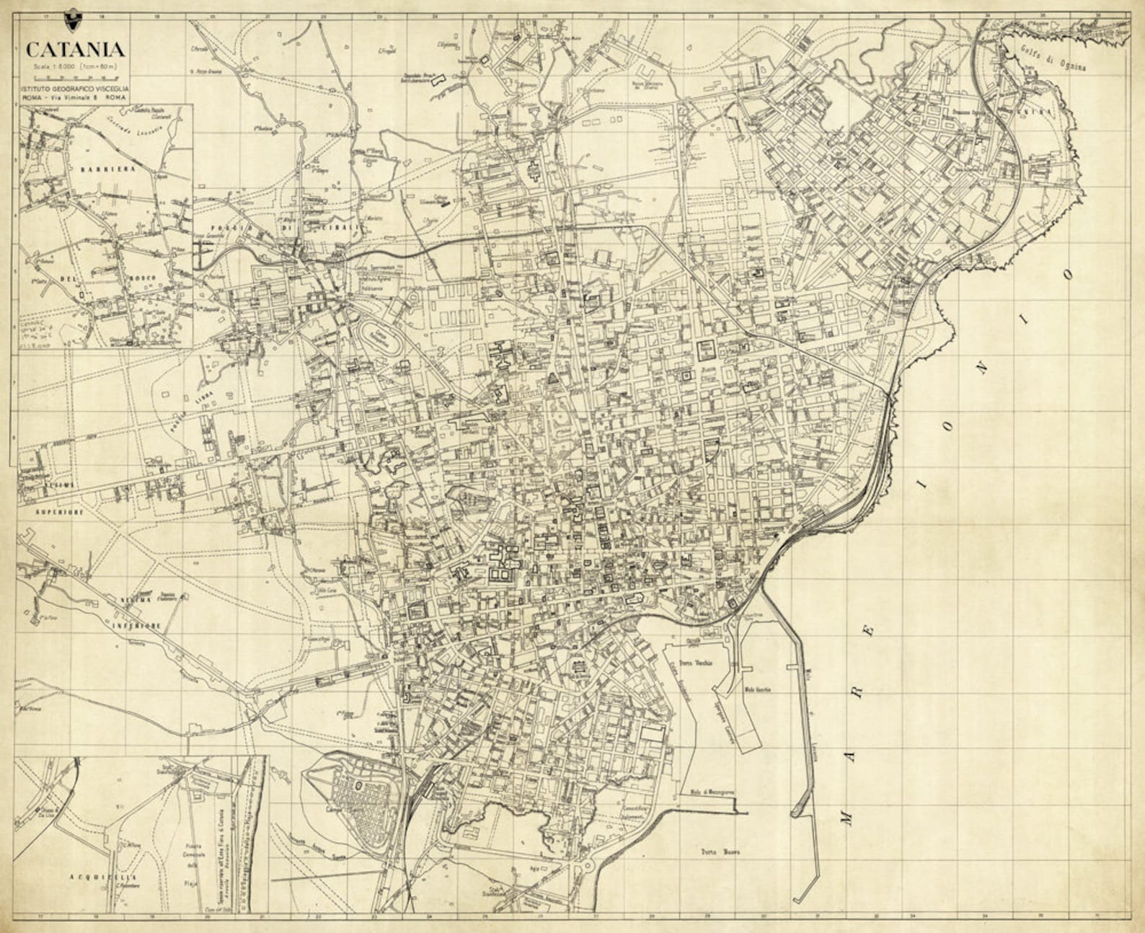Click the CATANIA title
click(75, 50)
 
